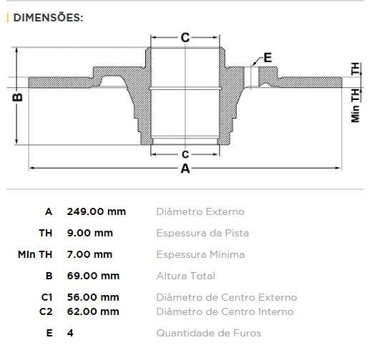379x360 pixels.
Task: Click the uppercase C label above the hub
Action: pyautogui.click(x=184, y=39)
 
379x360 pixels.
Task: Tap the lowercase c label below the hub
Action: pyautogui.click(x=184, y=154)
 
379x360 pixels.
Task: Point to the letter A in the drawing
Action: pyautogui.click(x=185, y=169)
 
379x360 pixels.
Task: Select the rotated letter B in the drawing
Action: pyautogui.click(x=19, y=96)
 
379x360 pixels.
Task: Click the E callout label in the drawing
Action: pyautogui.click(x=268, y=58)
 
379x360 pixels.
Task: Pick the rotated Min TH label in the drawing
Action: pyautogui.click(x=355, y=106)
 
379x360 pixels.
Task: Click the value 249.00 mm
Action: pyautogui.click(x=96, y=211)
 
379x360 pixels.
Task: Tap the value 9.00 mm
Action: pyautogui.click(x=89, y=233)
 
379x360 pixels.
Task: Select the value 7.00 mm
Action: pyautogui.click(x=89, y=254)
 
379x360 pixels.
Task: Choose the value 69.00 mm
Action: pyautogui.click(x=93, y=276)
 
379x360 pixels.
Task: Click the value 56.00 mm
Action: pyautogui.click(x=93, y=297)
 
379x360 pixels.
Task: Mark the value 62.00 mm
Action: pyautogui.click(x=93, y=311)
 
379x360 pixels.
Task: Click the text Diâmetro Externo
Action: pyautogui.click(x=200, y=211)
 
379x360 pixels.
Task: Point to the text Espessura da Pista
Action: pyautogui.click(x=202, y=233)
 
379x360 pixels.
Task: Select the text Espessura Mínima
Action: pyautogui.click(x=200, y=254)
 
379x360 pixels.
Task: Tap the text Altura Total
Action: pyautogui.click(x=185, y=276)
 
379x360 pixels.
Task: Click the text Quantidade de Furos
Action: pyautogui.click(x=208, y=333)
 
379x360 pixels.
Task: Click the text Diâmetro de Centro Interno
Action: pyautogui.click(x=225, y=311)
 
